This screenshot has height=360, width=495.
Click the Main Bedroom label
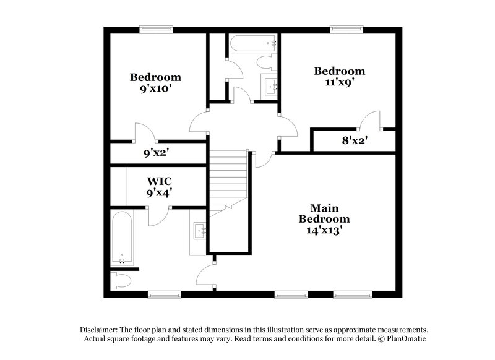(324, 213)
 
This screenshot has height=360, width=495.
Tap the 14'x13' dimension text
(324, 230)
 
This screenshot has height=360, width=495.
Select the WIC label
(159, 181)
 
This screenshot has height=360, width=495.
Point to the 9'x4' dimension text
(159, 192)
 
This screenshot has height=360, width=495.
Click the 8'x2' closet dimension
(355, 140)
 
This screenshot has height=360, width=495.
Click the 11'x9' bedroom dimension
(338, 81)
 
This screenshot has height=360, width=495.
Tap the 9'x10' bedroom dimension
(155, 88)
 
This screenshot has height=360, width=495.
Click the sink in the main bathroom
(199, 231)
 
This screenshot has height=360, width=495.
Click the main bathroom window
(163, 293)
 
